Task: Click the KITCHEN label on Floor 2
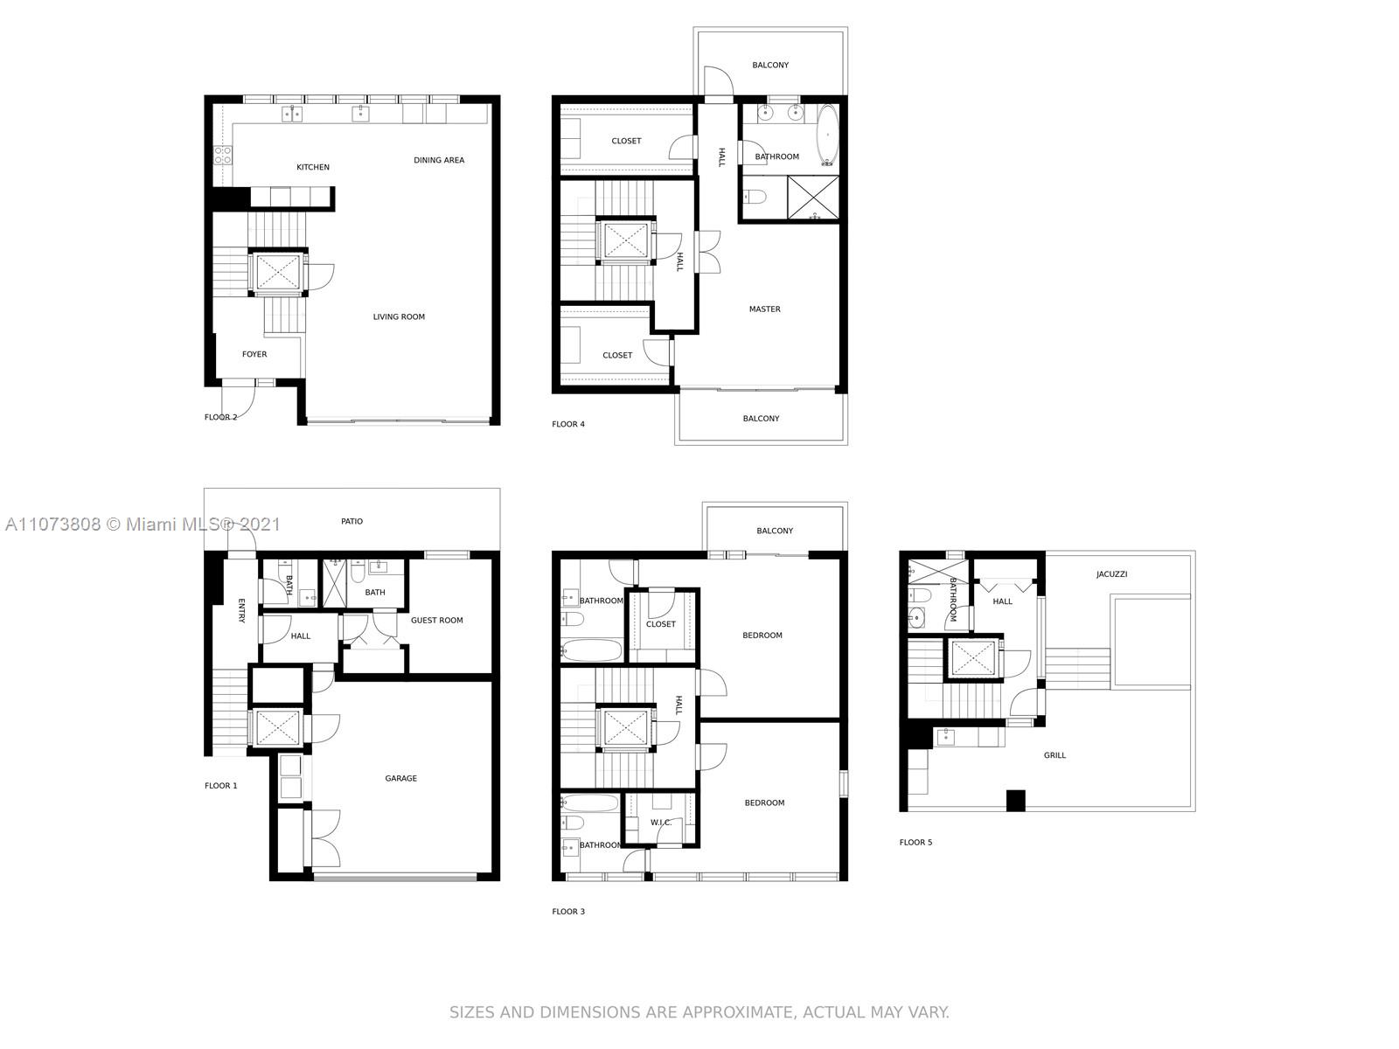click(x=312, y=167)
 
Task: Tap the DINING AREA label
click(x=439, y=160)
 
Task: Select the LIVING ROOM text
click(x=399, y=316)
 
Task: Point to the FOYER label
click(x=254, y=354)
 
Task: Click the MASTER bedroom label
click(x=764, y=309)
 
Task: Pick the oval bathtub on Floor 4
click(x=827, y=135)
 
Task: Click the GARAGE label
click(x=400, y=778)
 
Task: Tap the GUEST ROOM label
click(x=436, y=621)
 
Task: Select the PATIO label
click(x=351, y=521)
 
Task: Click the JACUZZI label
click(x=1111, y=573)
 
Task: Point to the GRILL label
click(x=1054, y=755)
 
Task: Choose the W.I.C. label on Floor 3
click(x=660, y=823)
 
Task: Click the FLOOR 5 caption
click(x=915, y=842)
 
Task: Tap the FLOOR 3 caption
click(x=567, y=912)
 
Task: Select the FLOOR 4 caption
click(x=567, y=424)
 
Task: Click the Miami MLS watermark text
click(x=143, y=524)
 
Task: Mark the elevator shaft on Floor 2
click(x=278, y=273)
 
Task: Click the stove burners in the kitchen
click(x=222, y=156)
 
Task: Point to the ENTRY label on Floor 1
click(x=241, y=611)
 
